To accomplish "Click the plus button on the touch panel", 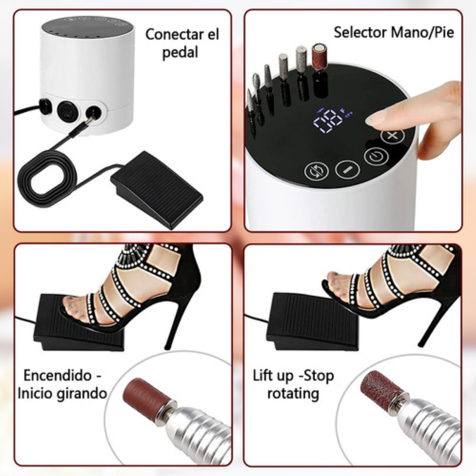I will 392,136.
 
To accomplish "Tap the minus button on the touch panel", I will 347,169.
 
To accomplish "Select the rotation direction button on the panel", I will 317,171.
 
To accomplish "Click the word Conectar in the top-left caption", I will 171,34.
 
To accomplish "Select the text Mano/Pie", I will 422,32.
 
